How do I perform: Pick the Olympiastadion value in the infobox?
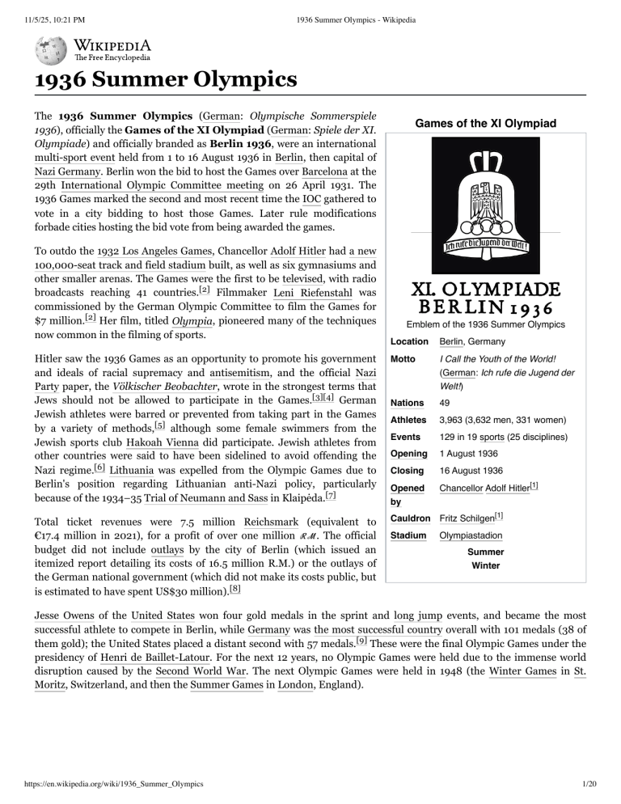tap(470, 535)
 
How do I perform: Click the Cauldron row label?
tap(410, 515)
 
